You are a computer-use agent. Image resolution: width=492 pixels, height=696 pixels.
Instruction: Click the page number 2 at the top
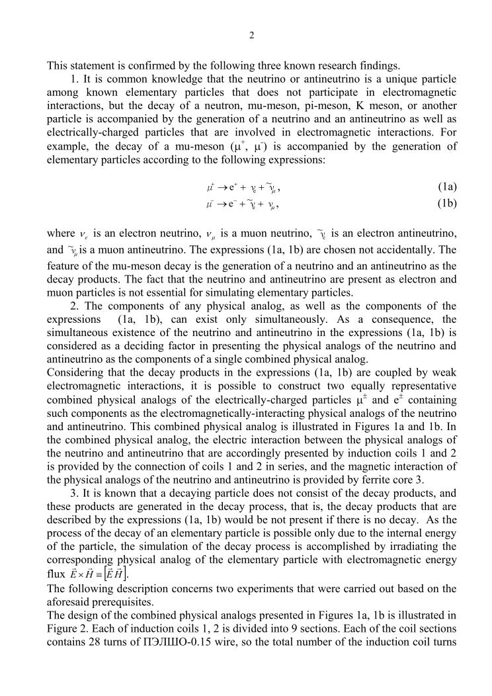[251, 36]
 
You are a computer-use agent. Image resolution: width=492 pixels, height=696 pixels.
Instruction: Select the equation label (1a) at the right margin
[447, 187]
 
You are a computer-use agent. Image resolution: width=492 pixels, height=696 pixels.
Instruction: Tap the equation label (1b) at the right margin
[447, 204]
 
